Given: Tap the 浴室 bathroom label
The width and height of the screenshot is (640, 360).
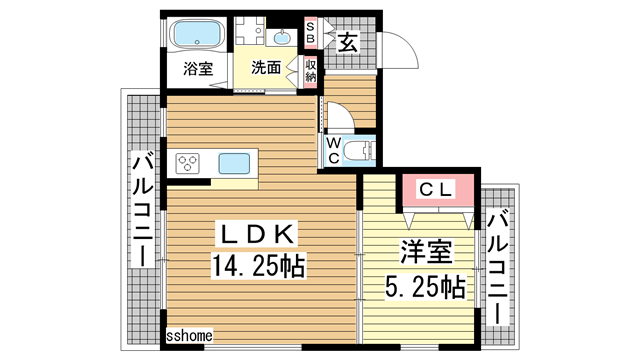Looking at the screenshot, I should [197, 69].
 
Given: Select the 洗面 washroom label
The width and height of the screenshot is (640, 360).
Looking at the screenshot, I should [266, 68].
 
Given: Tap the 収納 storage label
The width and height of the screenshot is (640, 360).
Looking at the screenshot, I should [311, 70].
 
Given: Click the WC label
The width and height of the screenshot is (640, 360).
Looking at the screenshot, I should [331, 150].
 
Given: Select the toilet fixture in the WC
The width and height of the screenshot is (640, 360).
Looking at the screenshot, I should [357, 150].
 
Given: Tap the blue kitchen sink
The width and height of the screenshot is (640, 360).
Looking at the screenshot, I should [235, 161].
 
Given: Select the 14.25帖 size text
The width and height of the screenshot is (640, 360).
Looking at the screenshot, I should [257, 266].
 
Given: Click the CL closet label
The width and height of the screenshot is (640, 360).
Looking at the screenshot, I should [436, 187].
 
